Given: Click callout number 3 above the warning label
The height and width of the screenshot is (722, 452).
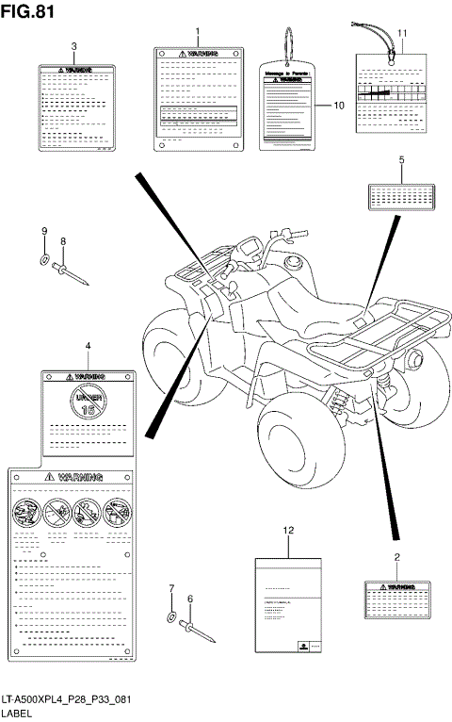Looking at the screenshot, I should coord(74,46).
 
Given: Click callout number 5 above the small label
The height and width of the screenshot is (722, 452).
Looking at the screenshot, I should coord(401,161).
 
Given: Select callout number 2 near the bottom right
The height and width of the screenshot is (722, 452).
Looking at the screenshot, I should coord(396,558).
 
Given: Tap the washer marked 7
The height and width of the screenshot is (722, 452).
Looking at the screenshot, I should coord(170,617).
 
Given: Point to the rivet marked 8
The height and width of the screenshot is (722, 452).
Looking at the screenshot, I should coord(72,272).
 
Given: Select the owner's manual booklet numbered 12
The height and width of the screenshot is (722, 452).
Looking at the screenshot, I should coord(289,603).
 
